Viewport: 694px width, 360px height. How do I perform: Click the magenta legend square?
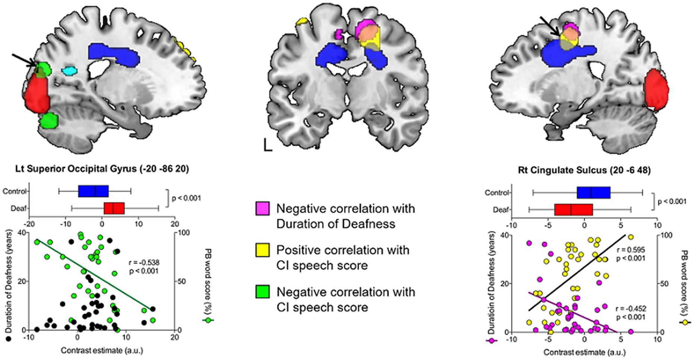pyautogui.click(x=262, y=209)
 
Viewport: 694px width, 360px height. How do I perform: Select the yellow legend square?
pyautogui.click(x=262, y=250)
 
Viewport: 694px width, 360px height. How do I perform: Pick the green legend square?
pyautogui.click(x=262, y=292)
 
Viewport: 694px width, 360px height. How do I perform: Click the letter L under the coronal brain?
pyautogui.click(x=268, y=145)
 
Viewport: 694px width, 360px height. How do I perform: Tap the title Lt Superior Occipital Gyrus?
pyautogui.click(x=102, y=169)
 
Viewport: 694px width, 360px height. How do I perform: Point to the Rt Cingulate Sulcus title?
pyautogui.click(x=584, y=170)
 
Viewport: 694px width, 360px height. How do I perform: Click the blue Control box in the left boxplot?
pyautogui.click(x=93, y=191)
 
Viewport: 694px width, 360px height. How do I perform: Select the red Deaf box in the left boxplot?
pyautogui.click(x=114, y=208)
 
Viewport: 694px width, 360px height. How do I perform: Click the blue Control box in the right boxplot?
pyautogui.click(x=593, y=192)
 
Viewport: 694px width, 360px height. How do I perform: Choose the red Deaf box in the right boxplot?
pyautogui.click(x=573, y=210)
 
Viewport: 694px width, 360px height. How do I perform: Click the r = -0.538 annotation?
pyautogui.click(x=144, y=263)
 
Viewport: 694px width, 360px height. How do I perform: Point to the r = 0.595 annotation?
pyautogui.click(x=630, y=250)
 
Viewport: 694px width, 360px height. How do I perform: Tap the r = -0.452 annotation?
pyautogui.click(x=631, y=309)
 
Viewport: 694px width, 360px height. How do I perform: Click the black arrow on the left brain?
pyautogui.click(x=25, y=62)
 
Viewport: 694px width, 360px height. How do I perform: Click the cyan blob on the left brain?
pyautogui.click(x=69, y=71)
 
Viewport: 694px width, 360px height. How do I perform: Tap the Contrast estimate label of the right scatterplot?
pyautogui.click(x=584, y=352)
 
